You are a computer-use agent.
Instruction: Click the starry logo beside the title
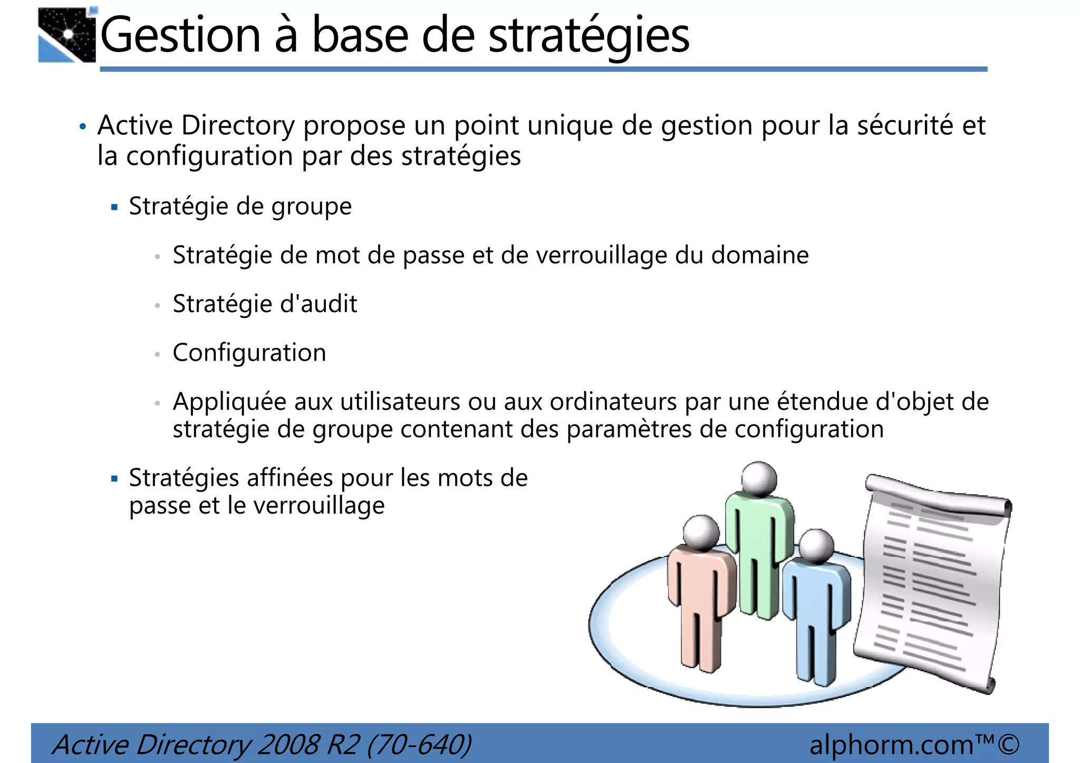67,35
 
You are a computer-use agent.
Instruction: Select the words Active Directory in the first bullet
196,125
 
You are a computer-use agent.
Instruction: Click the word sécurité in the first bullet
905,125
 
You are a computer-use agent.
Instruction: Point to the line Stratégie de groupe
240,206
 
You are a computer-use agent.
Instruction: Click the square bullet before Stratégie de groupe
114,207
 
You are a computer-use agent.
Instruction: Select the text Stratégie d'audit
265,304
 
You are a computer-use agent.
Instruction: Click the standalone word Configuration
249,353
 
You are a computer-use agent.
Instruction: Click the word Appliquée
229,402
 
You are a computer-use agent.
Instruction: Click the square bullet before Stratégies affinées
114,479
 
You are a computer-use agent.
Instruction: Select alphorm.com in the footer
891,745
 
